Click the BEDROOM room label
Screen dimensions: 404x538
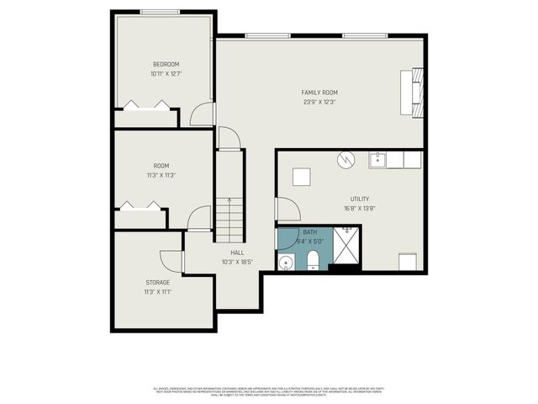[x=166, y=64]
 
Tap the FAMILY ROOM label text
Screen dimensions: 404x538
[x=319, y=92]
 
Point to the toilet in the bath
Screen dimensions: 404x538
[x=312, y=260]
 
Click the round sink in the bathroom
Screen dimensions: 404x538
[x=286, y=263]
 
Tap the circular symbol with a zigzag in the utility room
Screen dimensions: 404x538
[x=345, y=158]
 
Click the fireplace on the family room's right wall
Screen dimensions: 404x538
[x=413, y=93]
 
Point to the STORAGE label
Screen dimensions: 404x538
[x=157, y=282]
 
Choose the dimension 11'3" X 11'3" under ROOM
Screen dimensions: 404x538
[x=162, y=175]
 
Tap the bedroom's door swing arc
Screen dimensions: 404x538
[x=202, y=115]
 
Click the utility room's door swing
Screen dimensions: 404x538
[x=287, y=210]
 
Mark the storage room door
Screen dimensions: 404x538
[x=171, y=262]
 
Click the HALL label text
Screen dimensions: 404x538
[x=238, y=252]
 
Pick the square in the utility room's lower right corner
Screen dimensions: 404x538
[x=408, y=262]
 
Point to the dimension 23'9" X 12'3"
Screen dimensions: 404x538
[x=319, y=102]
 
